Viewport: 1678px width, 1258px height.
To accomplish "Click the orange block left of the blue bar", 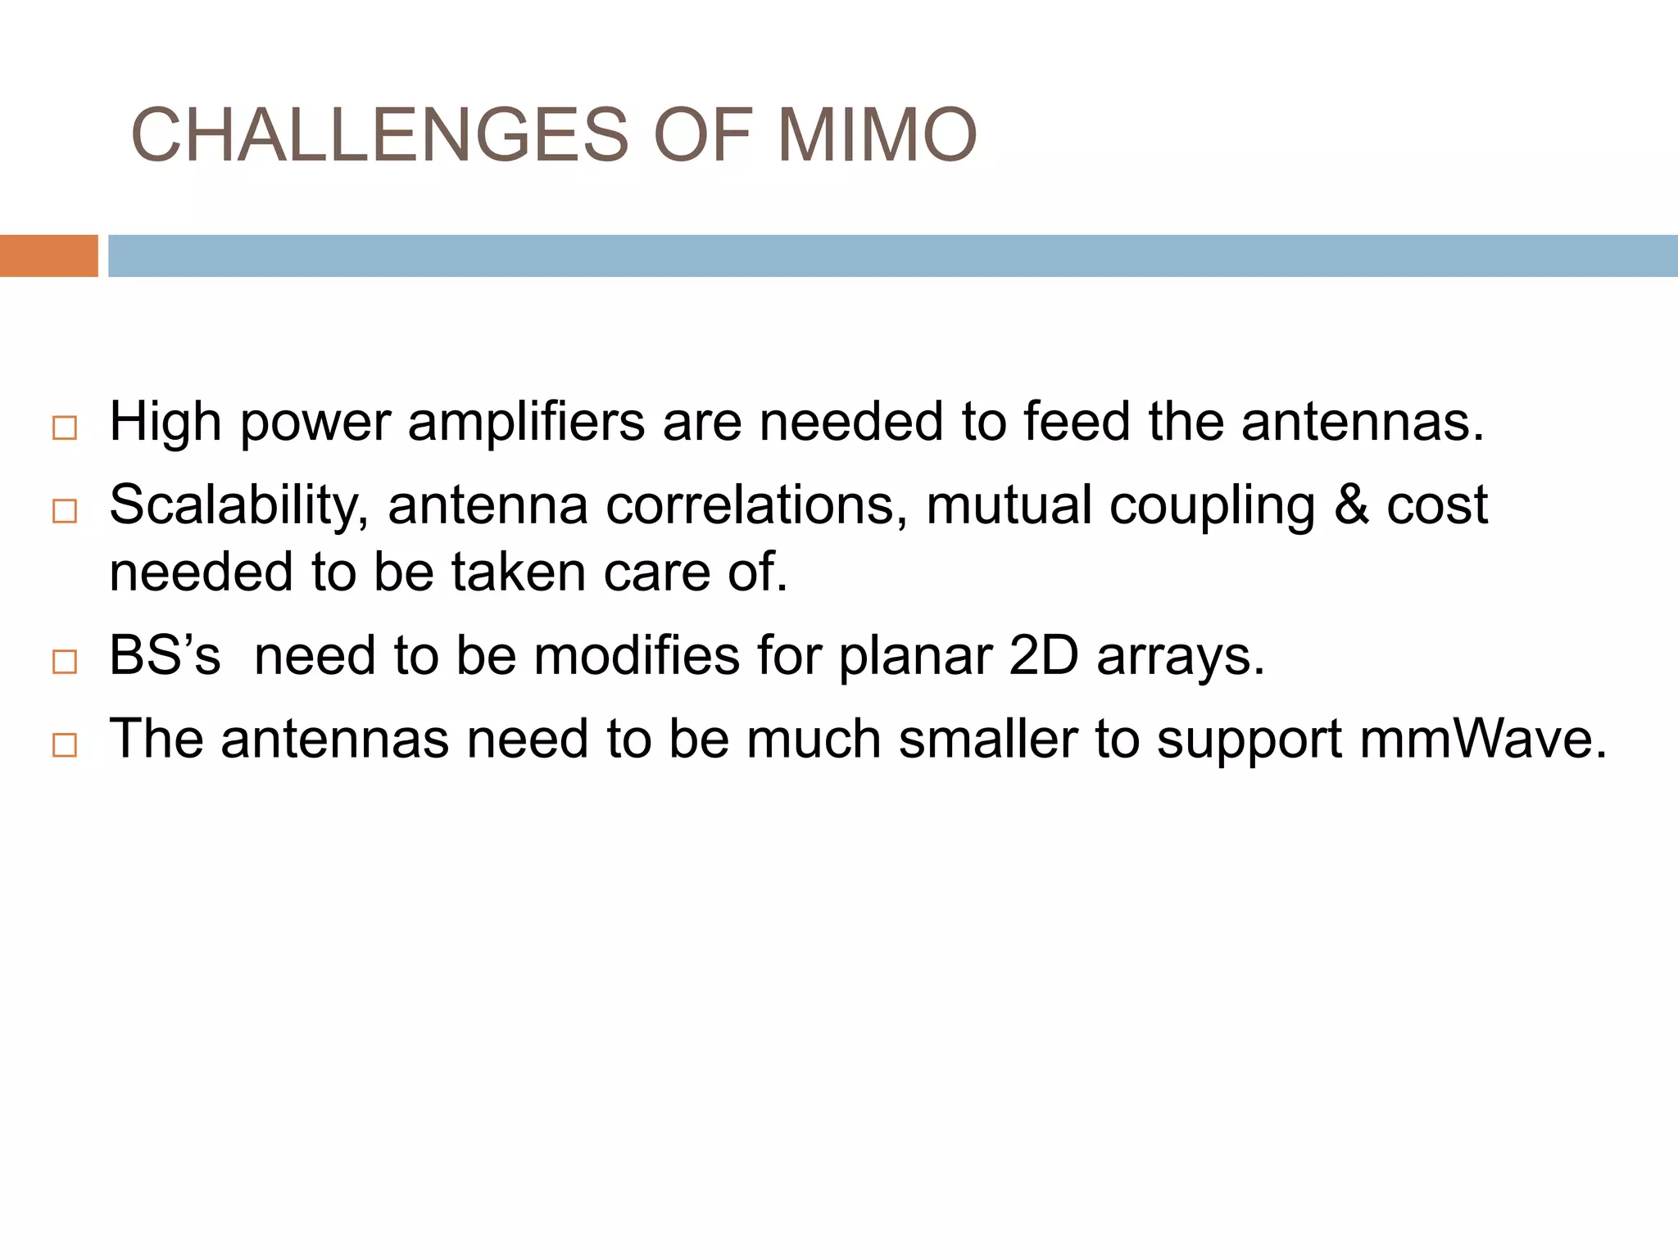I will [48, 256].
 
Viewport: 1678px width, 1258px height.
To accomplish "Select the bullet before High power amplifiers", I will [64, 428].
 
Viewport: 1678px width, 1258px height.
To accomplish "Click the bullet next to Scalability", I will [64, 511].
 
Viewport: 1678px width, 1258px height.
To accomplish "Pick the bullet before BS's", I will [64, 662].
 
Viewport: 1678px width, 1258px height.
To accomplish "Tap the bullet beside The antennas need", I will [64, 744].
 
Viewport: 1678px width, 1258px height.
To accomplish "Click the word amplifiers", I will [526, 423].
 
